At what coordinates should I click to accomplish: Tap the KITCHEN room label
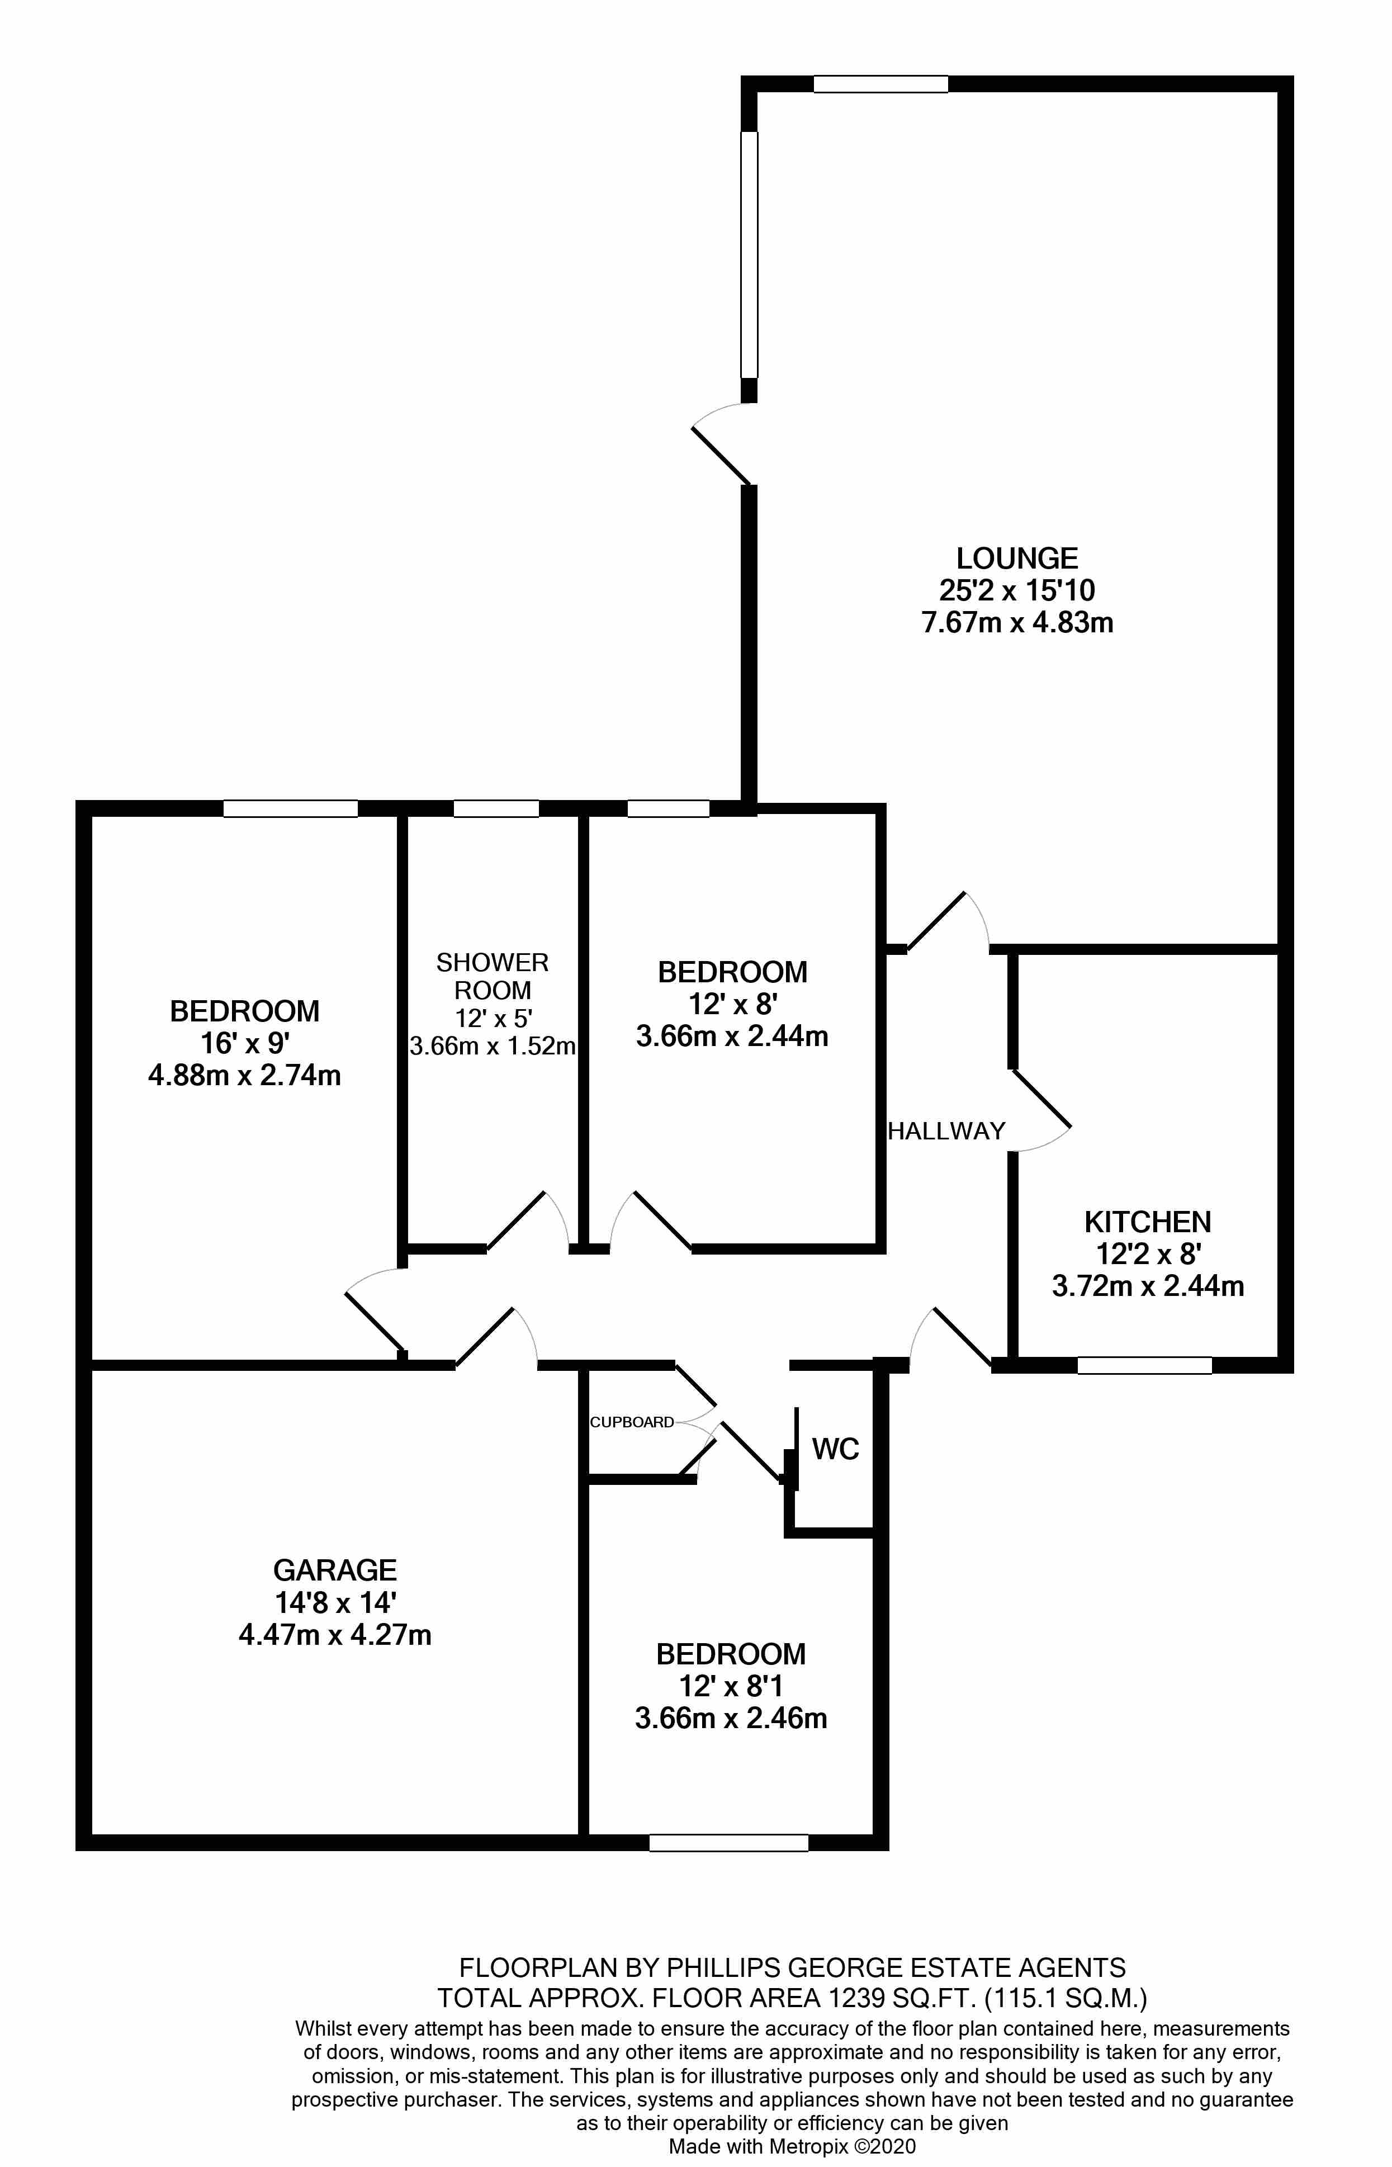pos(1147,1222)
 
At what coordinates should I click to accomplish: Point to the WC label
pos(835,1449)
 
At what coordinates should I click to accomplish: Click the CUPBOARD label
pos(632,1422)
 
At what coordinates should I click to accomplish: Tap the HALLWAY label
pos(946,1131)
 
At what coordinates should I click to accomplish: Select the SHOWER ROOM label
pos(493,976)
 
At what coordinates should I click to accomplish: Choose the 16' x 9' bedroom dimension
pos(245,1043)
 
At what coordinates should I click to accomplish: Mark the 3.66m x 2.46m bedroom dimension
pos(731,1717)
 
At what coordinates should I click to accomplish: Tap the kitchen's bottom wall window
pos(1144,1366)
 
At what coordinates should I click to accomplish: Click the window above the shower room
pos(496,808)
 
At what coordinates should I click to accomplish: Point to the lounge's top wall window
pos(880,84)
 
